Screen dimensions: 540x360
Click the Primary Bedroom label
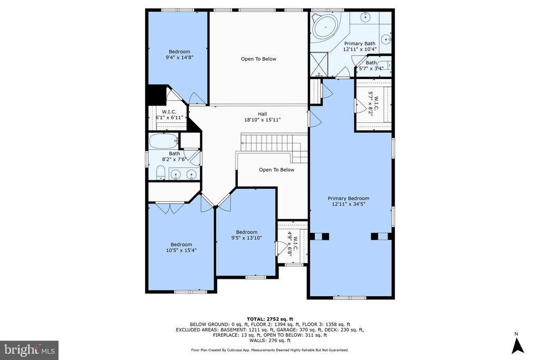(348, 201)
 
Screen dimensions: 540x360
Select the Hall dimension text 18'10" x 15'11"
(262, 120)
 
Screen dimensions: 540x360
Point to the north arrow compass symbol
(517, 344)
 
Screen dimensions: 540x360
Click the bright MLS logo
(30, 351)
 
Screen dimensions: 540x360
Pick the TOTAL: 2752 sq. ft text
(269, 319)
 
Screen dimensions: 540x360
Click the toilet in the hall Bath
(161, 172)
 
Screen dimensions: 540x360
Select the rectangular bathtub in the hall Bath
(163, 141)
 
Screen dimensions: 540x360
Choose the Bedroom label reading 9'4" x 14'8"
(179, 55)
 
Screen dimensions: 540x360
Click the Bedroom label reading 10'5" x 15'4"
(181, 247)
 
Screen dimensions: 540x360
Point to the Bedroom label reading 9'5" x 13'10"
(247, 235)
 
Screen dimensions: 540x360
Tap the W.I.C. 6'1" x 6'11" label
(169, 114)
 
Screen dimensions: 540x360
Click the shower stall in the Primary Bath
(319, 64)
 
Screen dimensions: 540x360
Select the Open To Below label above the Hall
(258, 59)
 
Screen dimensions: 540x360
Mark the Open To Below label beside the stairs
(276, 170)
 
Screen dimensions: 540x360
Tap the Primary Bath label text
(360, 44)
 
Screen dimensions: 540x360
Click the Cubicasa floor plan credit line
(269, 350)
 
